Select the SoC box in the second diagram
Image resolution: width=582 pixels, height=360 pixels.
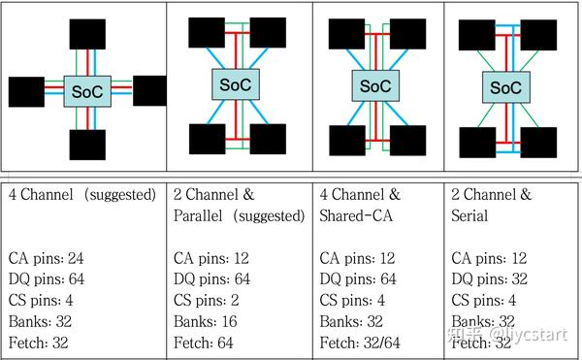click(231, 84)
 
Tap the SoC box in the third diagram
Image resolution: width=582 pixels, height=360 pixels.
click(375, 85)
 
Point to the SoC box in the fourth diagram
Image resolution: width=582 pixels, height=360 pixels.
click(506, 87)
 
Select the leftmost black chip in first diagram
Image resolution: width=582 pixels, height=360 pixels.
click(27, 91)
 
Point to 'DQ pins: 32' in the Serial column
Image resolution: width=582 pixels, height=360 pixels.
click(497, 278)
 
